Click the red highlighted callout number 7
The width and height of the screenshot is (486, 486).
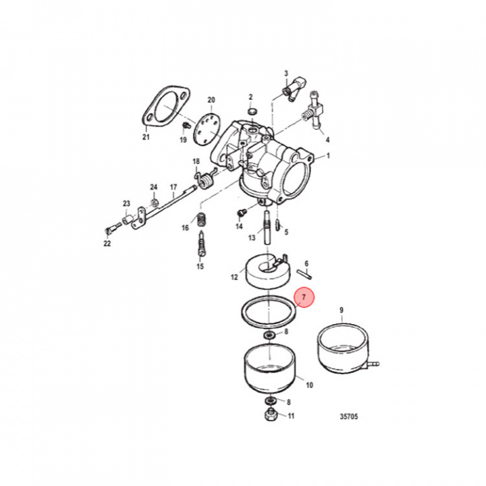[x=304, y=298]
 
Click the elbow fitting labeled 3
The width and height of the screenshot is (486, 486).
[x=294, y=90]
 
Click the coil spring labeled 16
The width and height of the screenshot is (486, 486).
[x=200, y=219]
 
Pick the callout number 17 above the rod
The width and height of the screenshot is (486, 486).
[x=173, y=187]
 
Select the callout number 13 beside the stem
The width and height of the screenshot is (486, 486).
[x=251, y=238]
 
